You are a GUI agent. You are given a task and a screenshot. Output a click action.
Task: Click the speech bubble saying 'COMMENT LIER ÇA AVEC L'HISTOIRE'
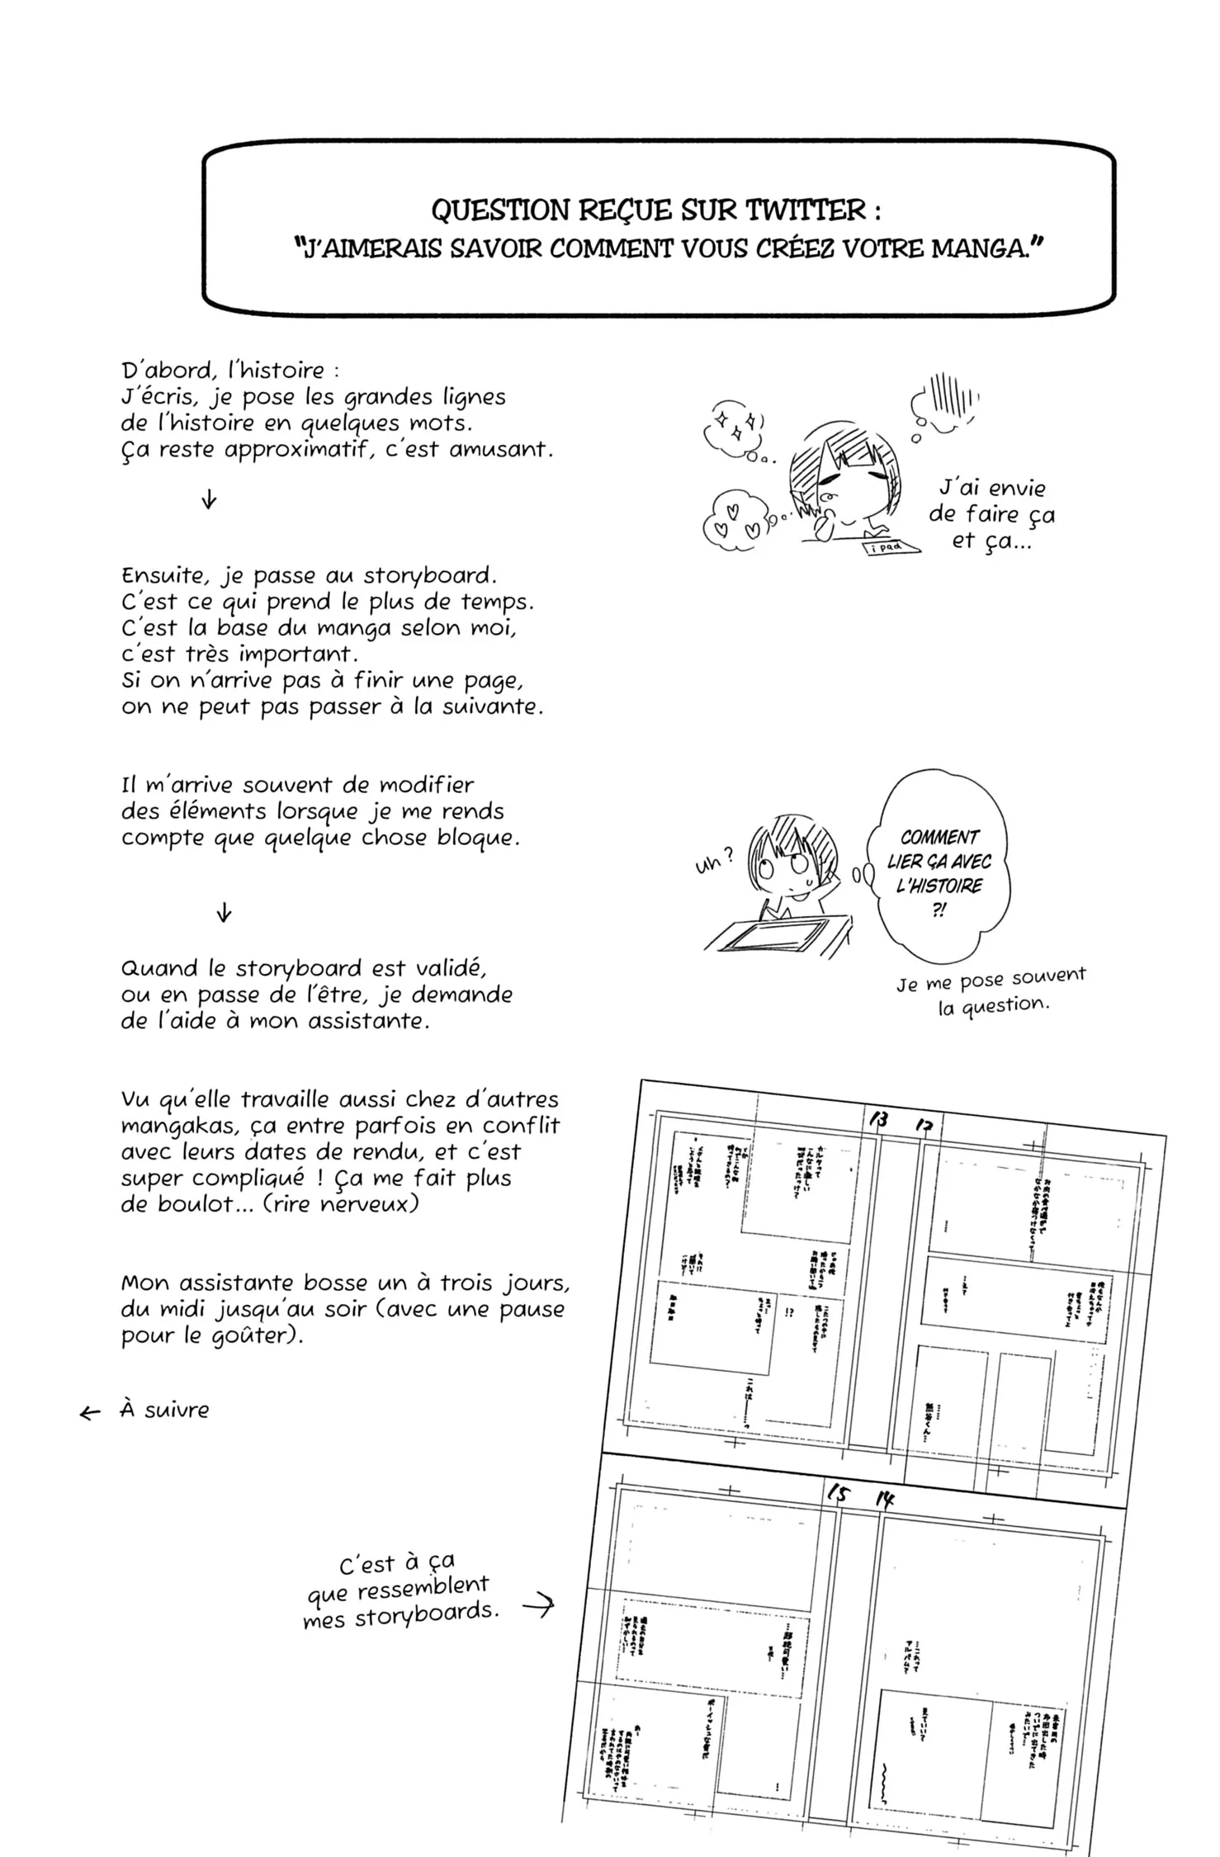(939, 873)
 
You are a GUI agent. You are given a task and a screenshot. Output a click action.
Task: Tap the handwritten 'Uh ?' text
(713, 862)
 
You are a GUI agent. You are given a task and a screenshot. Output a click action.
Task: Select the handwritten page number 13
(878, 1120)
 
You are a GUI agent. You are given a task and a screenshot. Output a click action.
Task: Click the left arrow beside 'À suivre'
(89, 1414)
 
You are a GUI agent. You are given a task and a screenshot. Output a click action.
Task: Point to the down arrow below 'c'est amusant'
(209, 499)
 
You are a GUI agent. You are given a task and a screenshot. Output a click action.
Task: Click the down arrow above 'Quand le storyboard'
(223, 914)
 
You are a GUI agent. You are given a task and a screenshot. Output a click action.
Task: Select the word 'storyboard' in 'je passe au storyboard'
(429, 575)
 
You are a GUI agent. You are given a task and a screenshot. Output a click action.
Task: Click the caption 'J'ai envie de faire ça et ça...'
(991, 514)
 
